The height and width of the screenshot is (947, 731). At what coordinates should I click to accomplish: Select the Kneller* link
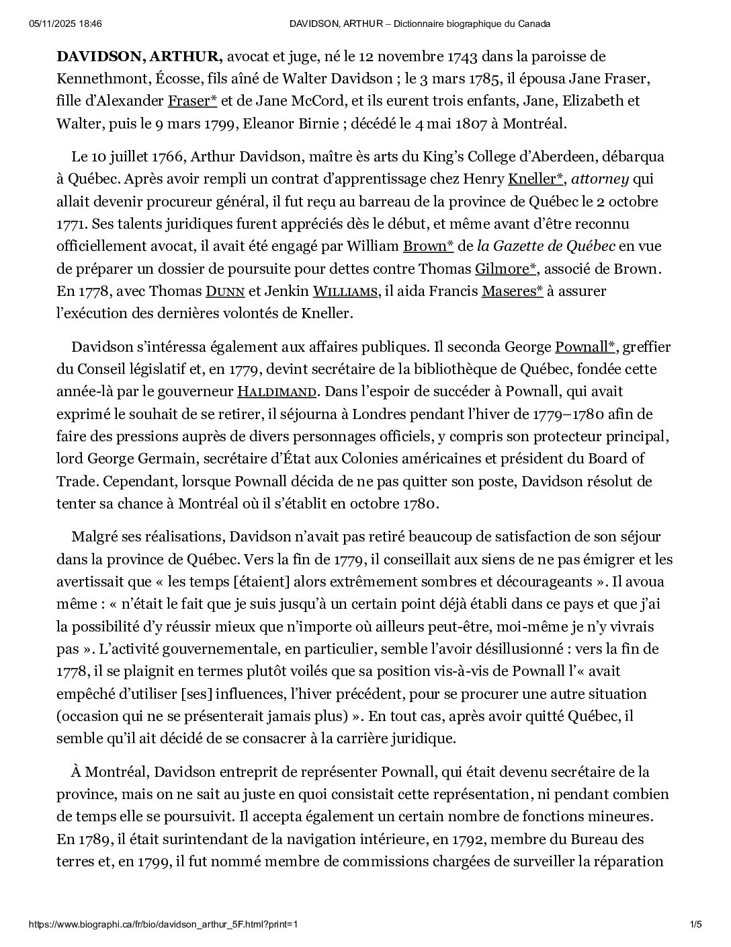click(x=535, y=179)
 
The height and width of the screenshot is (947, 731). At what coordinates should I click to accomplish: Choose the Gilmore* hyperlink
click(x=506, y=269)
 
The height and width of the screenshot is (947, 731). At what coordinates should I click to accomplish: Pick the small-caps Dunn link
click(x=225, y=291)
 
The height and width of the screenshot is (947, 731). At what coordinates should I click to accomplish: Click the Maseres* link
click(x=512, y=291)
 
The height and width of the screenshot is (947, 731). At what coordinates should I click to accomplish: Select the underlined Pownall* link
click(x=585, y=347)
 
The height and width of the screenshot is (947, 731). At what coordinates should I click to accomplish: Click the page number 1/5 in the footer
click(x=696, y=924)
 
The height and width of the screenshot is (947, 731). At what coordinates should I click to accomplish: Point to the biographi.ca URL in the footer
click(x=163, y=924)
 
